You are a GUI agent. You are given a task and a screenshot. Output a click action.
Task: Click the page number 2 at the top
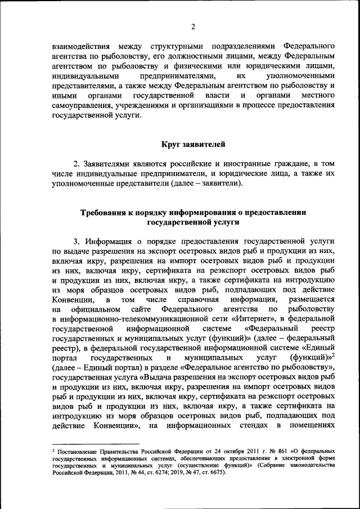[x=192, y=26]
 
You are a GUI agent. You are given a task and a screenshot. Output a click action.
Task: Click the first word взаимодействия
[x=78, y=45]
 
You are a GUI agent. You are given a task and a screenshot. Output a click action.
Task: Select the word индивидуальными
[x=85, y=75]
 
